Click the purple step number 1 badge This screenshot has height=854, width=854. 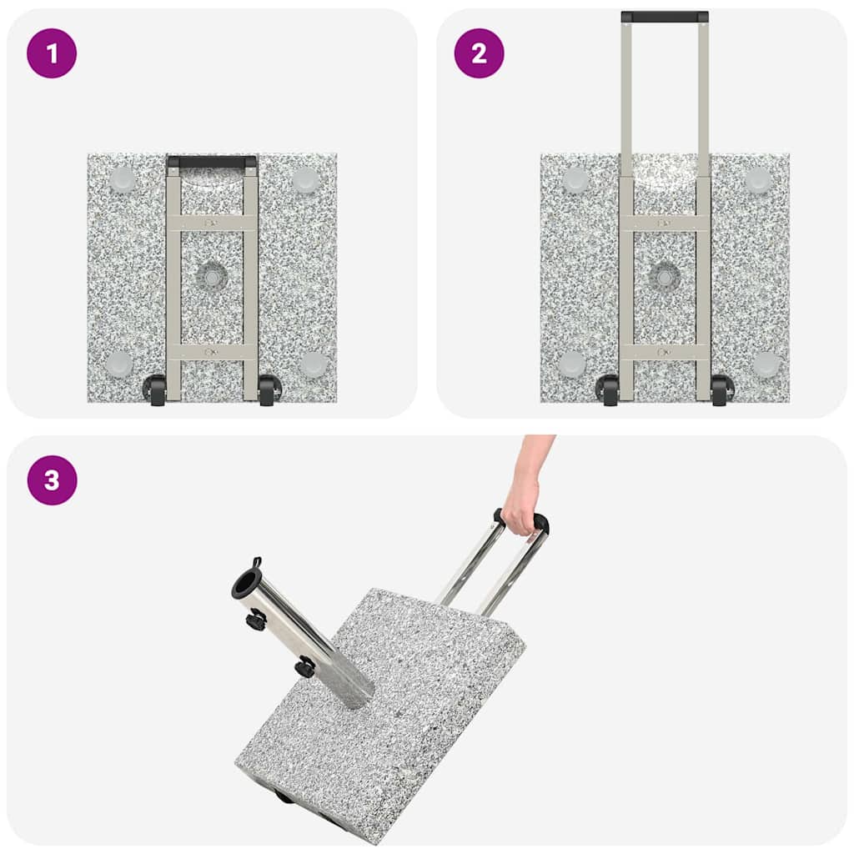click(x=52, y=53)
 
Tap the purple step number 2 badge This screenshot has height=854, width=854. click(x=479, y=53)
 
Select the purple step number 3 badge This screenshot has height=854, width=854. click(x=52, y=480)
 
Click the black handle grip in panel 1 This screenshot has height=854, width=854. click(x=212, y=162)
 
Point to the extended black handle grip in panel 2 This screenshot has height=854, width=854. click(x=665, y=17)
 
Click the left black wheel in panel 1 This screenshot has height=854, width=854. click(x=155, y=390)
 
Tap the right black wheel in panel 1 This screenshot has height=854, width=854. click(x=269, y=390)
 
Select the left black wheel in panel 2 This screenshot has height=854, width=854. click(x=608, y=390)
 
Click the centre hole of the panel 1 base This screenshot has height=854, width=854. click(x=213, y=277)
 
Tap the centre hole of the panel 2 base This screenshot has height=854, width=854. click(x=665, y=277)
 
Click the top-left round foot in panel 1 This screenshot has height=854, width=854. click(x=123, y=179)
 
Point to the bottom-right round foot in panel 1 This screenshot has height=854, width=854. click(x=314, y=364)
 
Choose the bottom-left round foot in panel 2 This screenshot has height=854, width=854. click(x=572, y=364)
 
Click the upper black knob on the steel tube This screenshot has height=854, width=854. click(x=256, y=620)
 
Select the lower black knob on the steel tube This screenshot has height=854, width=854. click(x=306, y=667)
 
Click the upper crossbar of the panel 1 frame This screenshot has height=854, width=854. click(x=212, y=224)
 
